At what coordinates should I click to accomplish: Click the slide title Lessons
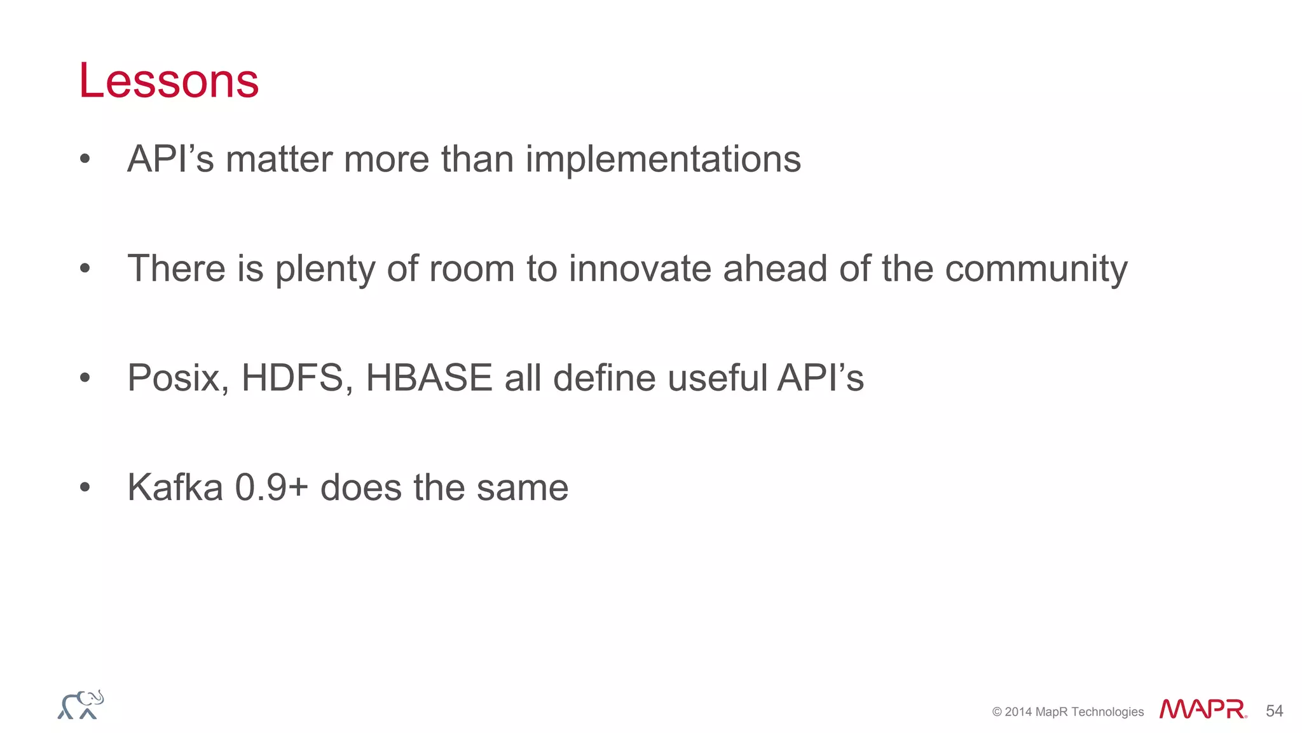pyautogui.click(x=168, y=81)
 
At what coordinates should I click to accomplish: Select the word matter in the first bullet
pyautogui.click(x=278, y=159)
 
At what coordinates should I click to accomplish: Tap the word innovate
pyautogui.click(x=640, y=269)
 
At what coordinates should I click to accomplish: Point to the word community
pyautogui.click(x=1036, y=270)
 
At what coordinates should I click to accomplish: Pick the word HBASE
pyautogui.click(x=429, y=378)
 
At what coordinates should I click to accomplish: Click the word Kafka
pyautogui.click(x=175, y=488)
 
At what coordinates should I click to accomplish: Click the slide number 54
pyautogui.click(x=1274, y=711)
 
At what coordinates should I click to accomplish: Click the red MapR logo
pyautogui.click(x=1203, y=709)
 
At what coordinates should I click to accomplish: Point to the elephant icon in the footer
pyautogui.click(x=81, y=705)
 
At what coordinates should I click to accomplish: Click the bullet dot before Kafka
pyautogui.click(x=85, y=488)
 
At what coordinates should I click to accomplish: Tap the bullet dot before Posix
pyautogui.click(x=85, y=379)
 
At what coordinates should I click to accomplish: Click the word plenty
pyautogui.click(x=325, y=270)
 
